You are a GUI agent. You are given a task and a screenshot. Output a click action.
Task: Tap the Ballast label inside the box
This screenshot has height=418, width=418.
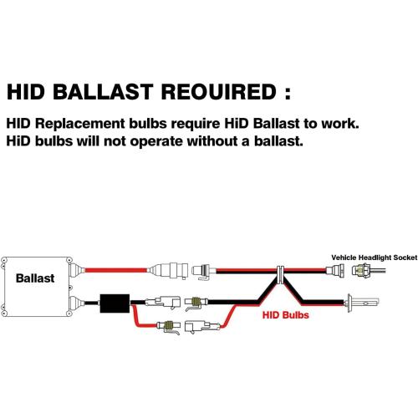(x=34, y=277)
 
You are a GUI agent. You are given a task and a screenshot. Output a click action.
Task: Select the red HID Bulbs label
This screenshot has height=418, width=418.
(x=286, y=317)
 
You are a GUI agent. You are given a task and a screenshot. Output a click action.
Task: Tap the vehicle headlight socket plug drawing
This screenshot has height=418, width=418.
(x=364, y=271)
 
